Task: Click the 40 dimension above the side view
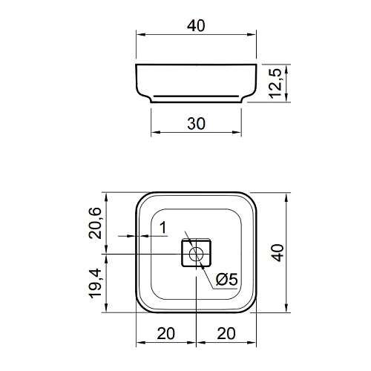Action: click(x=196, y=26)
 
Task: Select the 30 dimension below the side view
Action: click(x=196, y=124)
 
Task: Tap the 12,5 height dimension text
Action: click(x=275, y=83)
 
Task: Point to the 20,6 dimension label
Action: click(x=95, y=223)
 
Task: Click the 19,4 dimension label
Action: click(x=95, y=283)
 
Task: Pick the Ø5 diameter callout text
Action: click(x=226, y=279)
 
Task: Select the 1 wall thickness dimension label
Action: click(x=162, y=228)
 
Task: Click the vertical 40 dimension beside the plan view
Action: click(x=278, y=252)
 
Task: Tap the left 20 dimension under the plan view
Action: click(x=165, y=333)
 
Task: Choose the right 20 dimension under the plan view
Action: click(x=226, y=333)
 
